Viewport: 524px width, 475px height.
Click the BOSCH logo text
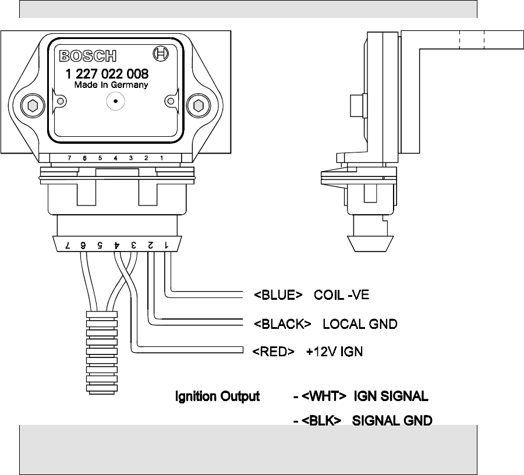88,56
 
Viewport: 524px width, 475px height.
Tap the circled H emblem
161,54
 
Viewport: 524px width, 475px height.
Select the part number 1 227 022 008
107,74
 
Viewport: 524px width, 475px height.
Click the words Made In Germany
111,85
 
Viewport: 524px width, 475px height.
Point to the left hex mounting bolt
33,105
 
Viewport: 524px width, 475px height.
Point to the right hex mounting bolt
198,105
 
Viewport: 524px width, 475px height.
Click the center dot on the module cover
116,101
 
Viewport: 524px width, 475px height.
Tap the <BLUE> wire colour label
278,295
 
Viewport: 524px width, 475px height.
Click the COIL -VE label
342,295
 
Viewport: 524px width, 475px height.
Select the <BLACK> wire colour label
282,324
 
